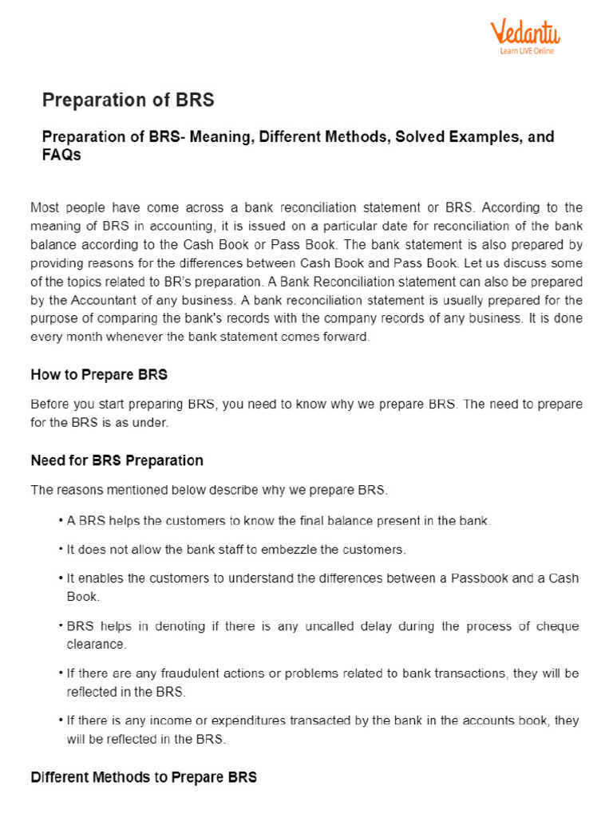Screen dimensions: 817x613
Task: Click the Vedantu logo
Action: pyautogui.click(x=524, y=33)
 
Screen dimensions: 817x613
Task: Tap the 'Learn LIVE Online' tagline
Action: pyautogui.click(x=526, y=51)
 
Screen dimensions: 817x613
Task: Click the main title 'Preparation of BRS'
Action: pyautogui.click(x=128, y=100)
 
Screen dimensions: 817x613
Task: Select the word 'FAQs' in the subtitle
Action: pyautogui.click(x=61, y=156)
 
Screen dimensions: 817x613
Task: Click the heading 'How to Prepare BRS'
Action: pyautogui.click(x=99, y=374)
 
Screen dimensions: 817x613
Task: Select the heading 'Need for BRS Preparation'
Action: pyautogui.click(x=117, y=460)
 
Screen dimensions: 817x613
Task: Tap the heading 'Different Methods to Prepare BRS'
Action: pyautogui.click(x=144, y=776)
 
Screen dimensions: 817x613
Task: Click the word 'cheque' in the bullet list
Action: pyautogui.click(x=557, y=626)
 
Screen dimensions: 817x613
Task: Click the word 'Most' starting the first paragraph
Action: pyautogui.click(x=45, y=207)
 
